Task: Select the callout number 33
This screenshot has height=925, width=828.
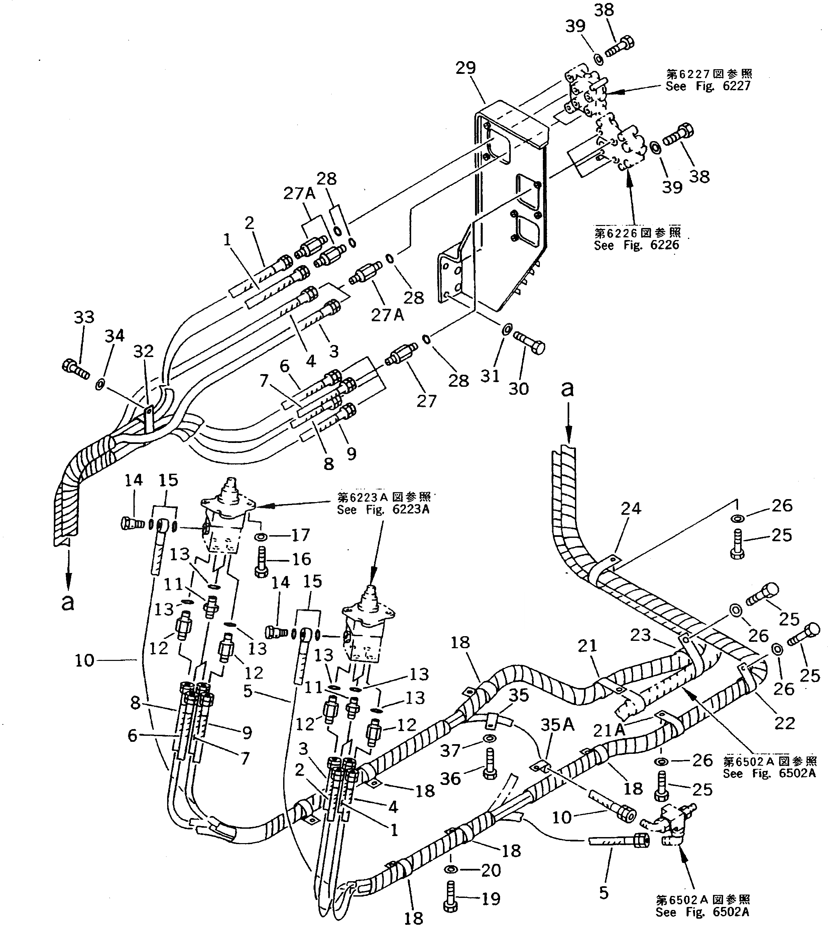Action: pyautogui.click(x=84, y=317)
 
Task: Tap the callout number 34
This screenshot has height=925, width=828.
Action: pyautogui.click(x=114, y=336)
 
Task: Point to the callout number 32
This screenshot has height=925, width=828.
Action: pyautogui.click(x=143, y=351)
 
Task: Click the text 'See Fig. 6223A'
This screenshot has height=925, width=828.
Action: pyautogui.click(x=383, y=509)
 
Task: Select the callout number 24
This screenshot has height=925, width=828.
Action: pyautogui.click(x=630, y=508)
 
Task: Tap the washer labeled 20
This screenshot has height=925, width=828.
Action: pyautogui.click(x=452, y=870)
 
